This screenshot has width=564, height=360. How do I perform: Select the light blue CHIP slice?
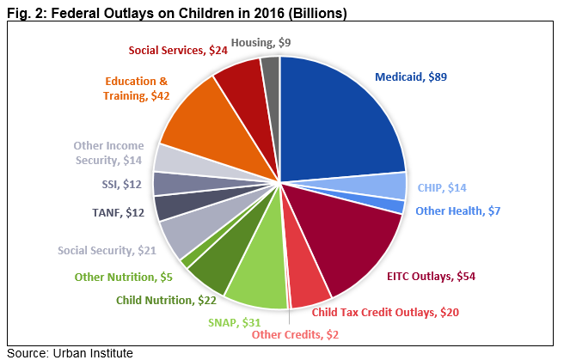click(x=392, y=186)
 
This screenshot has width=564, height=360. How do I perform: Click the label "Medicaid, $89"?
click(x=411, y=76)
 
